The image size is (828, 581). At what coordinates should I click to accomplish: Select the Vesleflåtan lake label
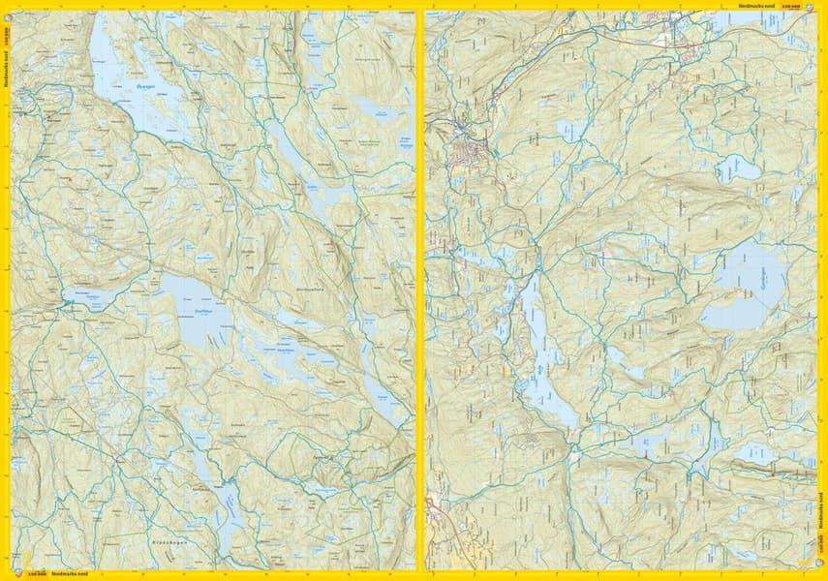(287, 352)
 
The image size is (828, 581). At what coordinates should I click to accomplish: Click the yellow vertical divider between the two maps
(420, 290)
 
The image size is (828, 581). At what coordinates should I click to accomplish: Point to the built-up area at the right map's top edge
(683, 34)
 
